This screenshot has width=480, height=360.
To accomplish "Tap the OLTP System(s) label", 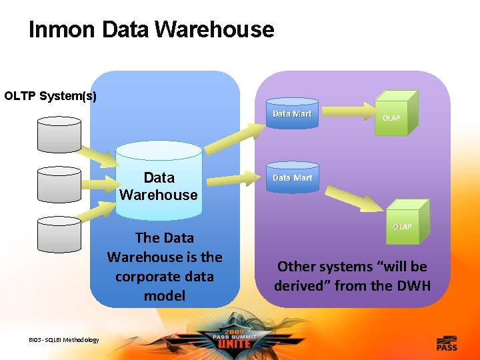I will coord(51,96).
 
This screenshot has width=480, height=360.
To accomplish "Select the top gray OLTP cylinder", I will coord(59,134).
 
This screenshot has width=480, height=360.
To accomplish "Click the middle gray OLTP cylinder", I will coord(59,184).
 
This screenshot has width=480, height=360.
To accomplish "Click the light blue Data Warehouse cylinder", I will coord(159,183).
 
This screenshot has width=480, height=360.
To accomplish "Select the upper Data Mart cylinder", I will coord(292,114).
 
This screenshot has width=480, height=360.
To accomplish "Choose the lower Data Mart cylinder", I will coord(292,179).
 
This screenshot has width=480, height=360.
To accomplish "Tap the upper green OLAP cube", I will coord(393,115).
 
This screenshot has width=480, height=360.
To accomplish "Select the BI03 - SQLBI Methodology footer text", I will coord(64,340).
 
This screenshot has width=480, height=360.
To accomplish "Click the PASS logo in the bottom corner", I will coord(446,344).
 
